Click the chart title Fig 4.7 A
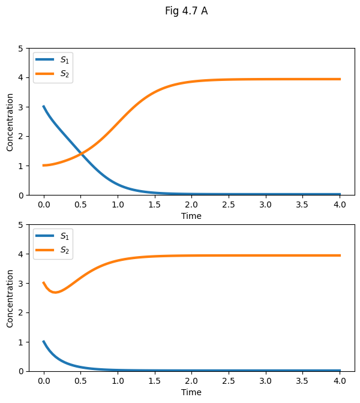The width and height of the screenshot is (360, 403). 187,11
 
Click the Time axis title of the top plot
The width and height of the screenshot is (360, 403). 191,216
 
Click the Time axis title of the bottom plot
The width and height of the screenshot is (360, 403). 191,392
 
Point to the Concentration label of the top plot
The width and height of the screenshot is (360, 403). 10,122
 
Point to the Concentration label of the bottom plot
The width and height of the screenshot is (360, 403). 10,298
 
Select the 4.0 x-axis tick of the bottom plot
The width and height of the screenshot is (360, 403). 340,380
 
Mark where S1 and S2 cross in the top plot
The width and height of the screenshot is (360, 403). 82,155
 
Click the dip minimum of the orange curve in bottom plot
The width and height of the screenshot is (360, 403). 55,293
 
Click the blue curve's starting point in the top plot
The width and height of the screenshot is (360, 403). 44,107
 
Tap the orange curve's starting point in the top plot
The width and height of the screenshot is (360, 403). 44,166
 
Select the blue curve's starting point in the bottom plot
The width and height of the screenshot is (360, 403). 44,342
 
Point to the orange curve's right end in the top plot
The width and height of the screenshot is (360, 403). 340,79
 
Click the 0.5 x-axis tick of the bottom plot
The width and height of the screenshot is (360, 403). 80,380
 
